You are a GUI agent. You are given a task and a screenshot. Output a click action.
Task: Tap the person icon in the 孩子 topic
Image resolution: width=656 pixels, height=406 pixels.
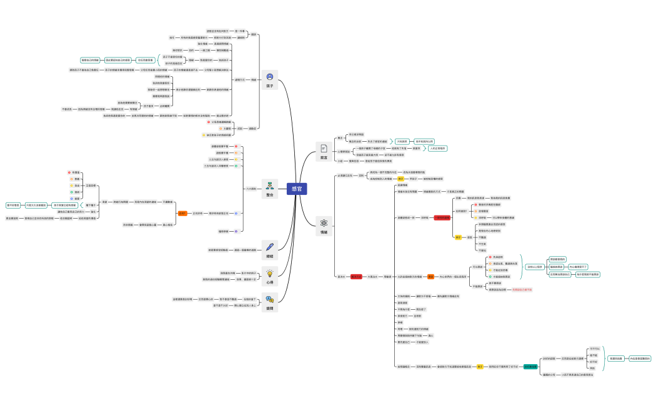click(x=270, y=76)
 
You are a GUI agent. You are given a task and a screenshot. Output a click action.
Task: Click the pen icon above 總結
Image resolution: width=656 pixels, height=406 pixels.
click(x=270, y=247)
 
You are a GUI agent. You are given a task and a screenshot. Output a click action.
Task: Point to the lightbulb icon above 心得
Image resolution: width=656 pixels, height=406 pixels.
click(x=270, y=273)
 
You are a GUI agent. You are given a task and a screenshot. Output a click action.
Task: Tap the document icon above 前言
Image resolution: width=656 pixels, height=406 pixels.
click(x=324, y=148)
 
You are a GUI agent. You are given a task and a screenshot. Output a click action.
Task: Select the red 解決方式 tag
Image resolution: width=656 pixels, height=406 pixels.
click(x=357, y=276)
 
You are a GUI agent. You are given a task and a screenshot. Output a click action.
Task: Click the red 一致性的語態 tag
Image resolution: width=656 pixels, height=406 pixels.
click(x=442, y=217)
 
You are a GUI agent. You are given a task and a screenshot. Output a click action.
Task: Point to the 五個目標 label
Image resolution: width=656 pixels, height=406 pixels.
click(x=91, y=186)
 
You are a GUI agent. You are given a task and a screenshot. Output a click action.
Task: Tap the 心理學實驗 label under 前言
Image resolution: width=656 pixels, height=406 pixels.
click(x=343, y=151)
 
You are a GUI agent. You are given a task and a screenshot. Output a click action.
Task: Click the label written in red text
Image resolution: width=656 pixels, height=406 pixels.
click(x=522, y=290)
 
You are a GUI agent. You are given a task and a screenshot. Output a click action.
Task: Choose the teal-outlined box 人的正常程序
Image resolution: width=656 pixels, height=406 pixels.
click(x=438, y=148)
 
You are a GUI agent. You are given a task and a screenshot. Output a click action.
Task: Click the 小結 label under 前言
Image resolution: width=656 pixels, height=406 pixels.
click(x=340, y=161)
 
